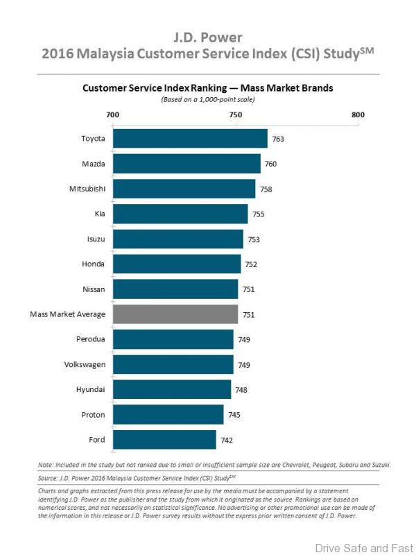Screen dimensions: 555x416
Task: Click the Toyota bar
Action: [190, 139]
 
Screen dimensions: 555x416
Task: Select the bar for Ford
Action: [164, 440]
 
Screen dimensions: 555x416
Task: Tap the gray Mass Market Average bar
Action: [175, 314]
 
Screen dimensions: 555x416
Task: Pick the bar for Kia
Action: [180, 214]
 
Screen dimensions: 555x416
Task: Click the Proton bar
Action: [168, 415]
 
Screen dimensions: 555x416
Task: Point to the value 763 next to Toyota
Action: [278, 139]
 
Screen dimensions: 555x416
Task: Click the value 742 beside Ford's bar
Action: [227, 440]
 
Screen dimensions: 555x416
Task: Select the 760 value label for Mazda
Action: [271, 164]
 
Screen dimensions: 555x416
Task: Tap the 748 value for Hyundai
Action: [241, 390]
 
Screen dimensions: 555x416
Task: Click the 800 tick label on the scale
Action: [358, 115]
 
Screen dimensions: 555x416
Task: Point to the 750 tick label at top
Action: [235, 115]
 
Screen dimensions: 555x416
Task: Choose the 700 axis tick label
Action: [112, 115]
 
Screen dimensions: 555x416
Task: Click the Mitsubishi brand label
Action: [87, 189]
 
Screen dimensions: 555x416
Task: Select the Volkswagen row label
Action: [85, 364]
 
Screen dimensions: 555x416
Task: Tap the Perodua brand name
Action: [91, 339]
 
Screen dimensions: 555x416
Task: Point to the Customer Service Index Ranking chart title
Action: [208, 88]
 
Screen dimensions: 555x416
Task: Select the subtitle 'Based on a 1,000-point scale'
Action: [208, 100]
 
